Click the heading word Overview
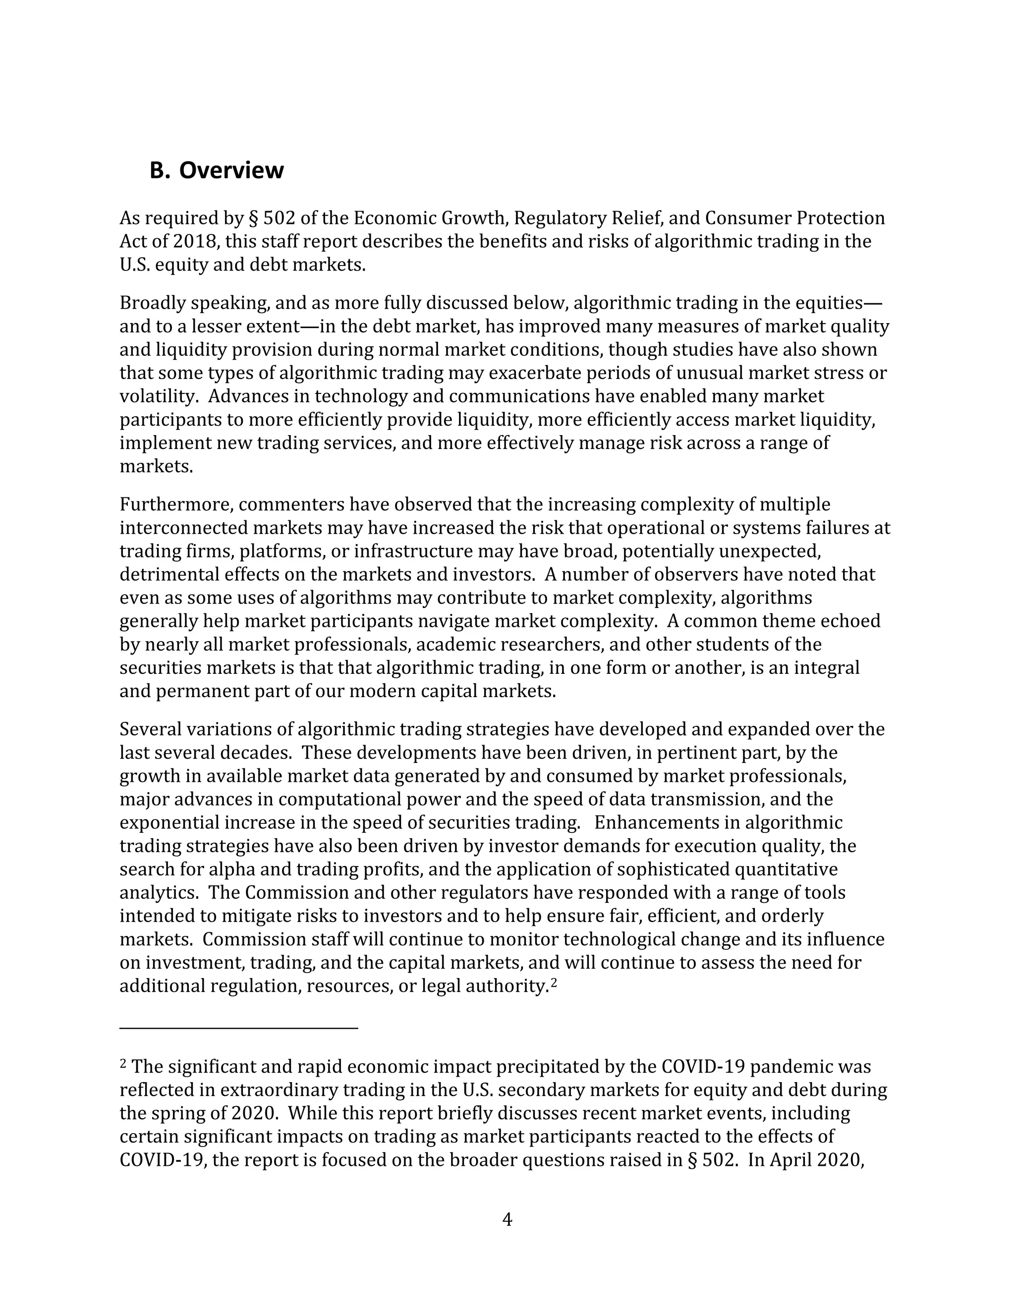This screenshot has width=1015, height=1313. [231, 171]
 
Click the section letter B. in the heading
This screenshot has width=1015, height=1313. [160, 171]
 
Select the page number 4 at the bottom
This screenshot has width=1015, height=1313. [507, 1219]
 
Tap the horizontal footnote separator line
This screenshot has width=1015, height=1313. [239, 1028]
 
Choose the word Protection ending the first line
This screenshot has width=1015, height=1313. [841, 218]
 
